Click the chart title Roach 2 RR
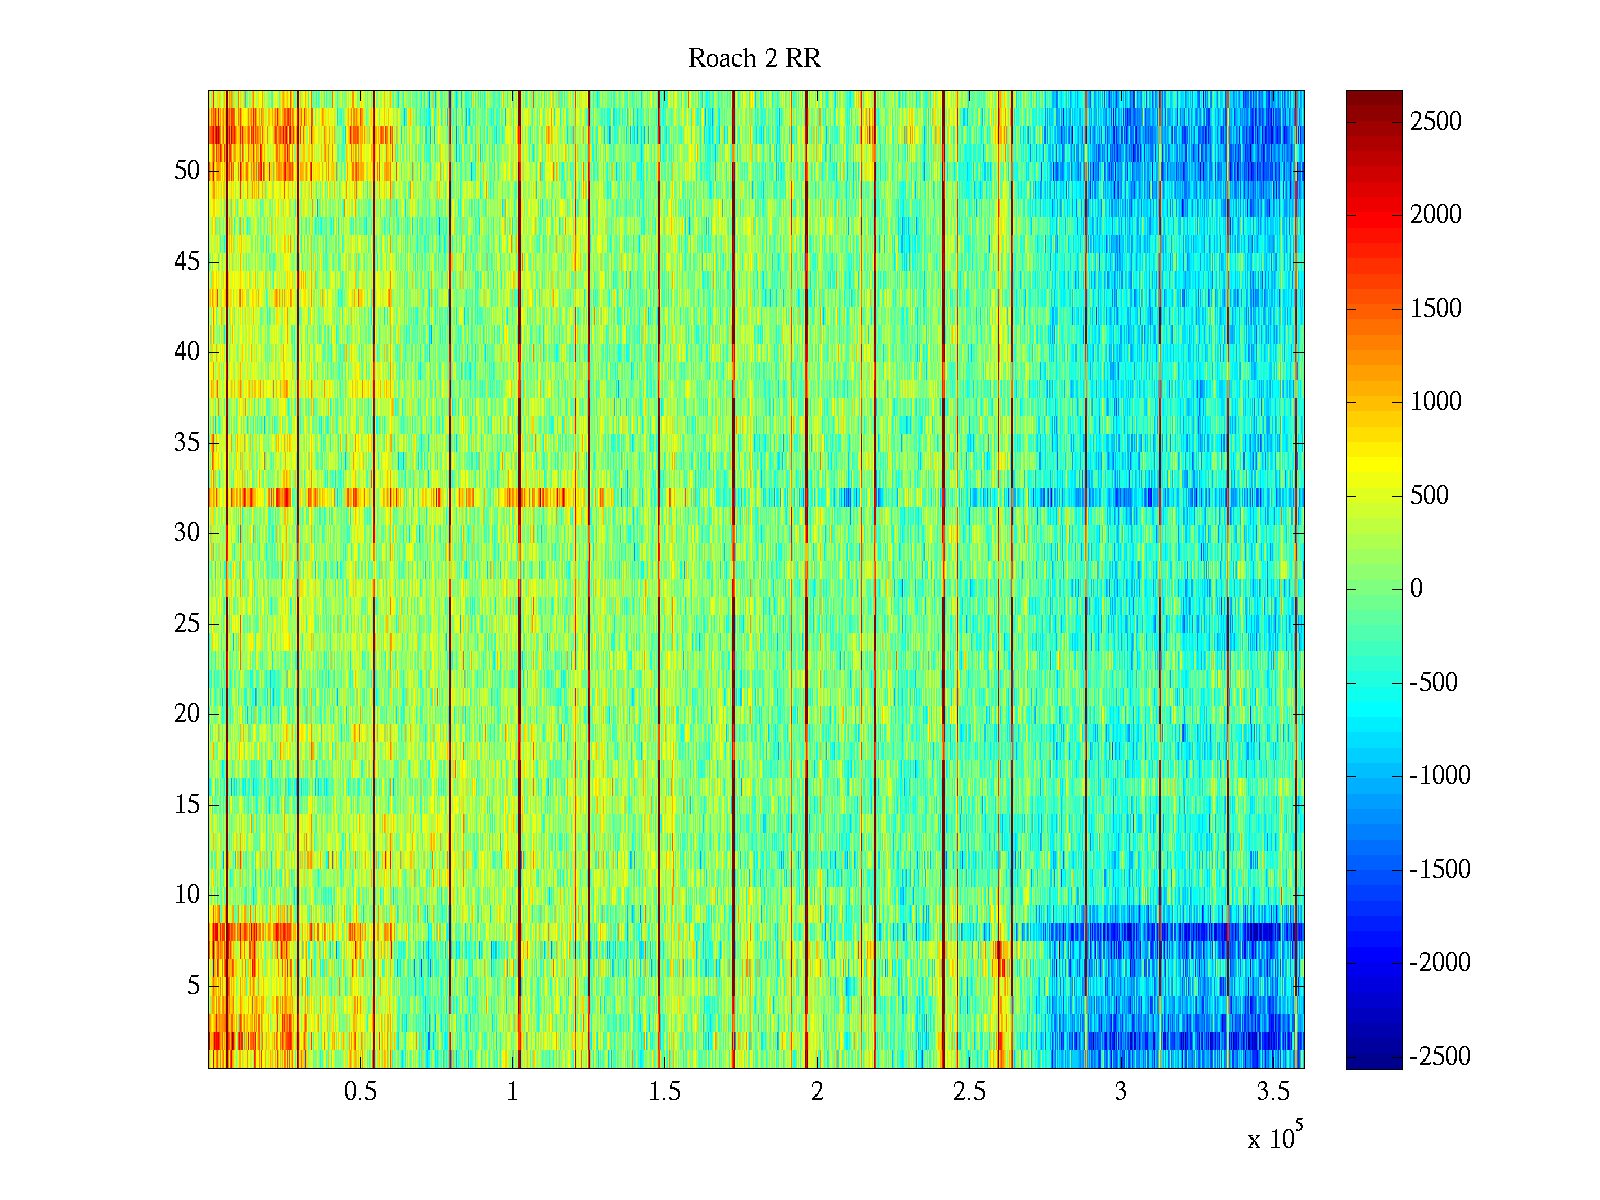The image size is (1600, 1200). [x=754, y=59]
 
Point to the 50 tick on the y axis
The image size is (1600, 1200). [x=187, y=171]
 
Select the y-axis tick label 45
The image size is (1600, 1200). [x=187, y=262]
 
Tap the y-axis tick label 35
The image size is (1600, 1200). [x=187, y=443]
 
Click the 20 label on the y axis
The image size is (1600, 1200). [x=187, y=714]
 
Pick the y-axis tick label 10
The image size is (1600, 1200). [x=187, y=895]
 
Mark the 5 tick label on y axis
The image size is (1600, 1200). [x=193, y=986]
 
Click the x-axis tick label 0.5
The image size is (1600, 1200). [x=360, y=1092]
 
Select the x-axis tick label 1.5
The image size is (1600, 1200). [x=664, y=1092]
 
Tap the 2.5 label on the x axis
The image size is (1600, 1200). [x=969, y=1092]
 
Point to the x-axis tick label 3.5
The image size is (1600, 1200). [x=1273, y=1092]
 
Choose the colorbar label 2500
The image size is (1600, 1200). [x=1436, y=122]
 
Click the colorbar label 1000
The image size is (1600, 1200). [x=1436, y=402]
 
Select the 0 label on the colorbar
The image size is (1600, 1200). [x=1416, y=589]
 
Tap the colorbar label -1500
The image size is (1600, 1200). [x=1440, y=869]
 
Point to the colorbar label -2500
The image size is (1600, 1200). [x=1440, y=1056]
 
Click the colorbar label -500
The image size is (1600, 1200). [x=1434, y=683]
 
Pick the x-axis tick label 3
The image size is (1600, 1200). [x=1121, y=1092]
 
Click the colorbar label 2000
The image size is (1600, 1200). [x=1436, y=215]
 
